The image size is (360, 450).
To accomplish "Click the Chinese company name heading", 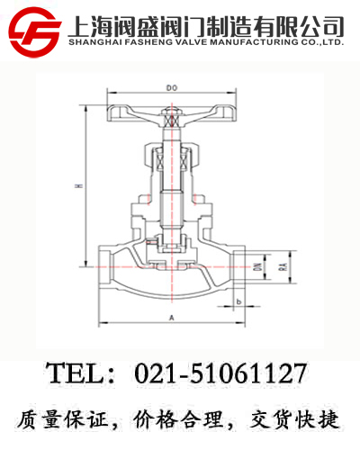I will (206, 22).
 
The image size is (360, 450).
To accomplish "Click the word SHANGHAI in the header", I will (96, 40).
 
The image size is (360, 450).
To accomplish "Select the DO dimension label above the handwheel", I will (171, 88).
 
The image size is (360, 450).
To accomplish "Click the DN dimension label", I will (257, 265).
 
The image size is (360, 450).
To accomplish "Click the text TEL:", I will (84, 374).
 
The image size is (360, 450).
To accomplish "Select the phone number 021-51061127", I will (221, 374).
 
